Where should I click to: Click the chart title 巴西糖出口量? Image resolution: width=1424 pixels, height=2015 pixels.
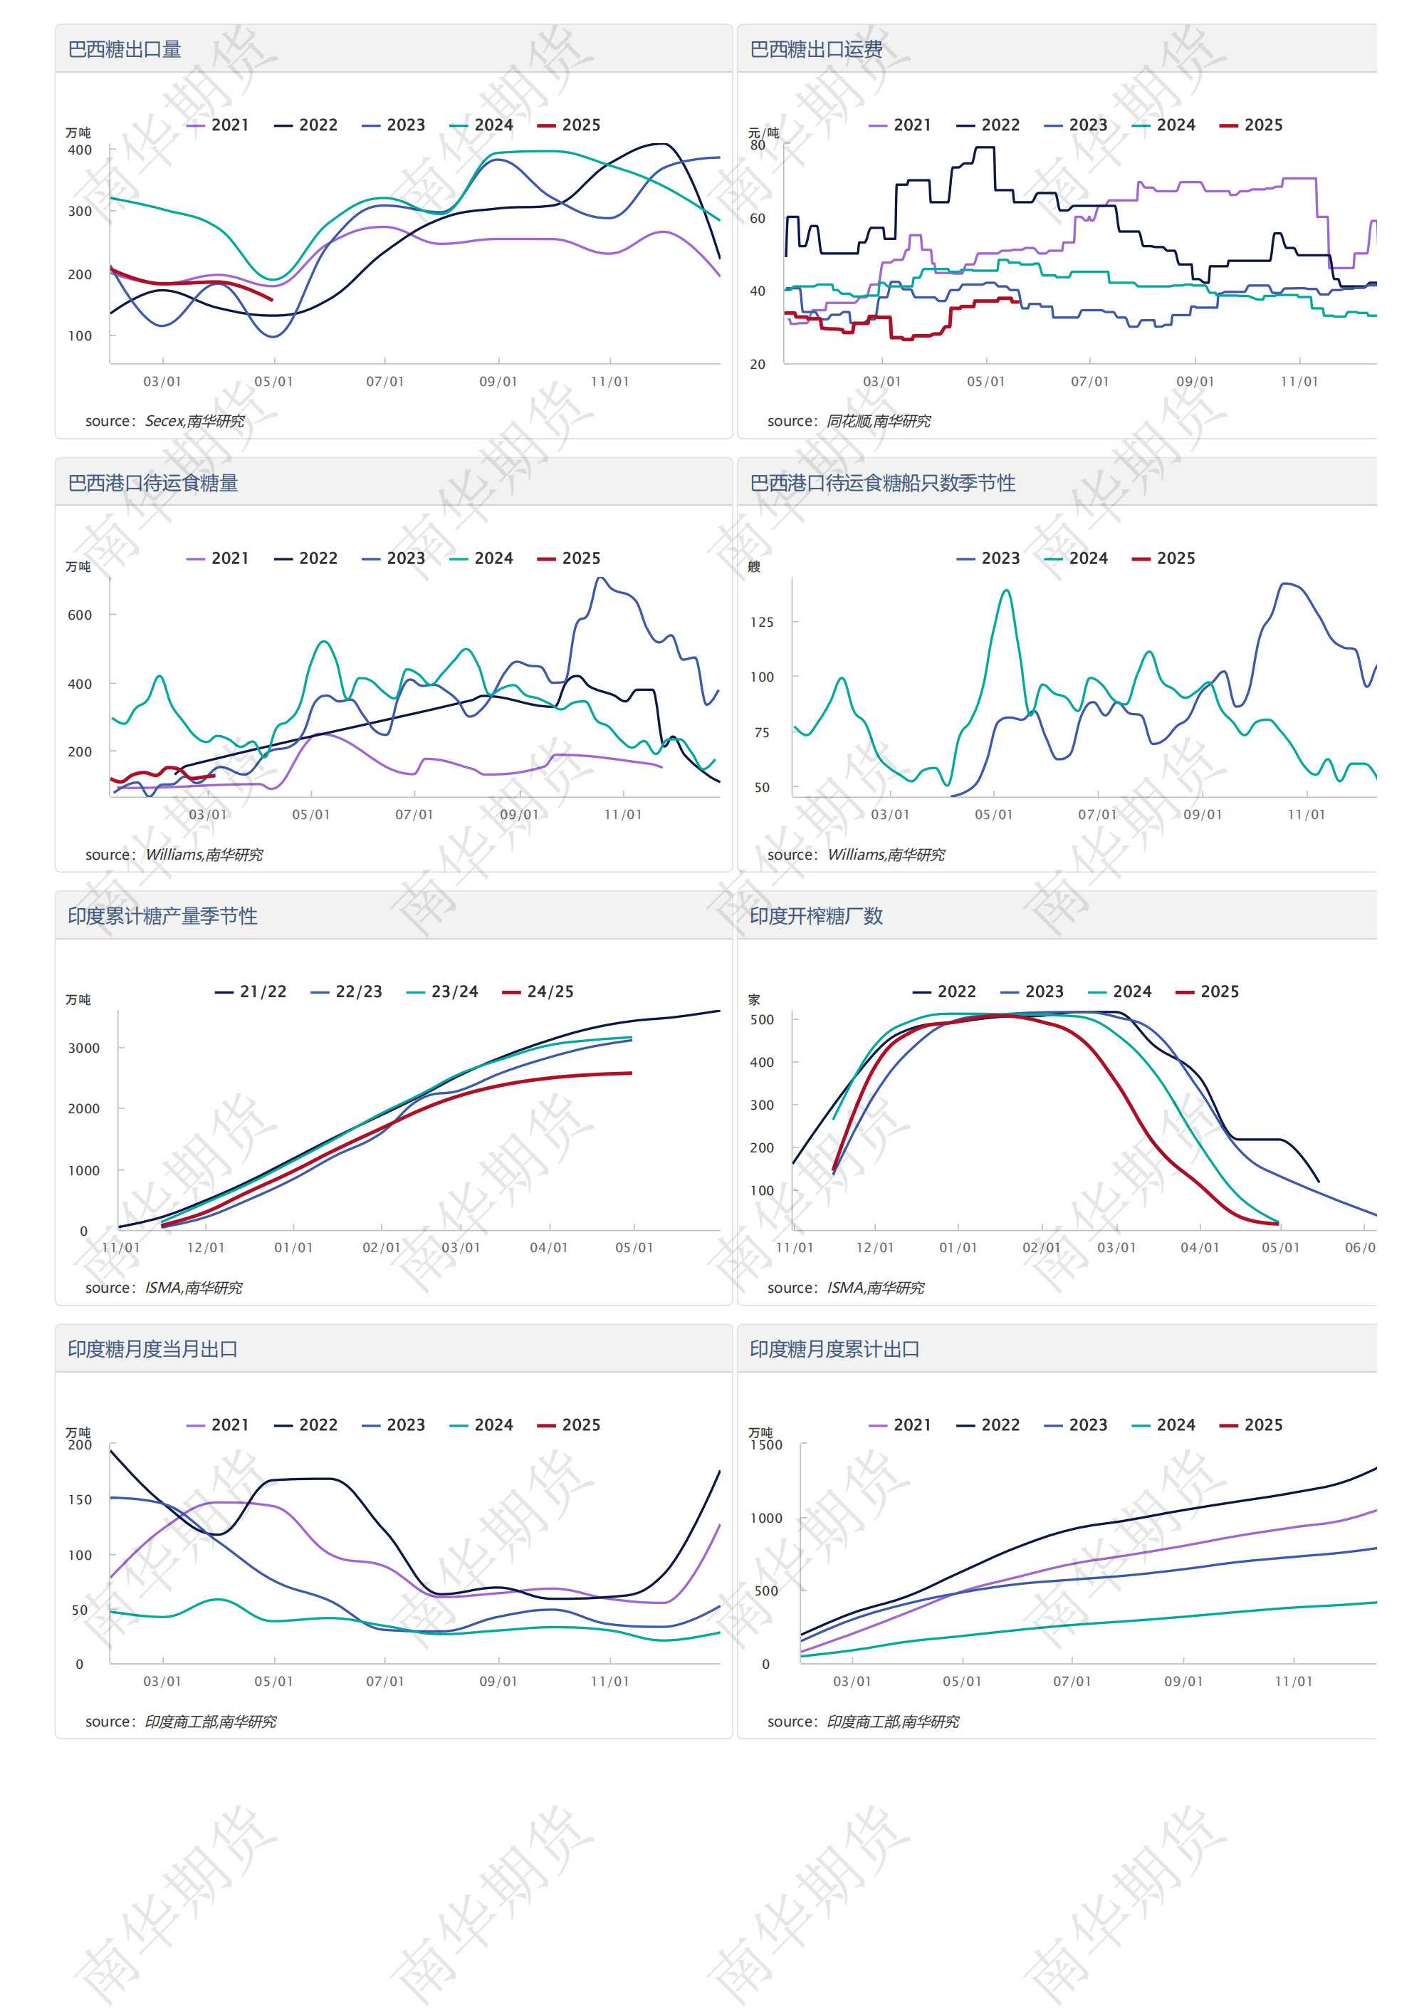pos(125,49)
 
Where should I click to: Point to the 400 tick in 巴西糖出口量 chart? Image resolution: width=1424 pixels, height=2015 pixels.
pos(80,150)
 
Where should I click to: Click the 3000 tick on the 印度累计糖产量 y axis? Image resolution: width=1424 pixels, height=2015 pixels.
pos(84,1048)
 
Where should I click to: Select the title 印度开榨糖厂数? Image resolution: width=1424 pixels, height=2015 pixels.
pos(816,916)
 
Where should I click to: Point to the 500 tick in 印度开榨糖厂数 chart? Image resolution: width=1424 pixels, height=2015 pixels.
pos(762,1020)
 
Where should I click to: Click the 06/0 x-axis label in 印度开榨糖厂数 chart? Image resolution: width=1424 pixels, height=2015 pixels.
pos(1360,1247)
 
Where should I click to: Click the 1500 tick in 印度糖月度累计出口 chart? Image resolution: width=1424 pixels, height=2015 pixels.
pos(766,1445)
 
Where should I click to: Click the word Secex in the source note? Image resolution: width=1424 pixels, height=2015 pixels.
pos(163,421)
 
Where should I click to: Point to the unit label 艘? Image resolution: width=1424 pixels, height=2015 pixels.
pos(754,567)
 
